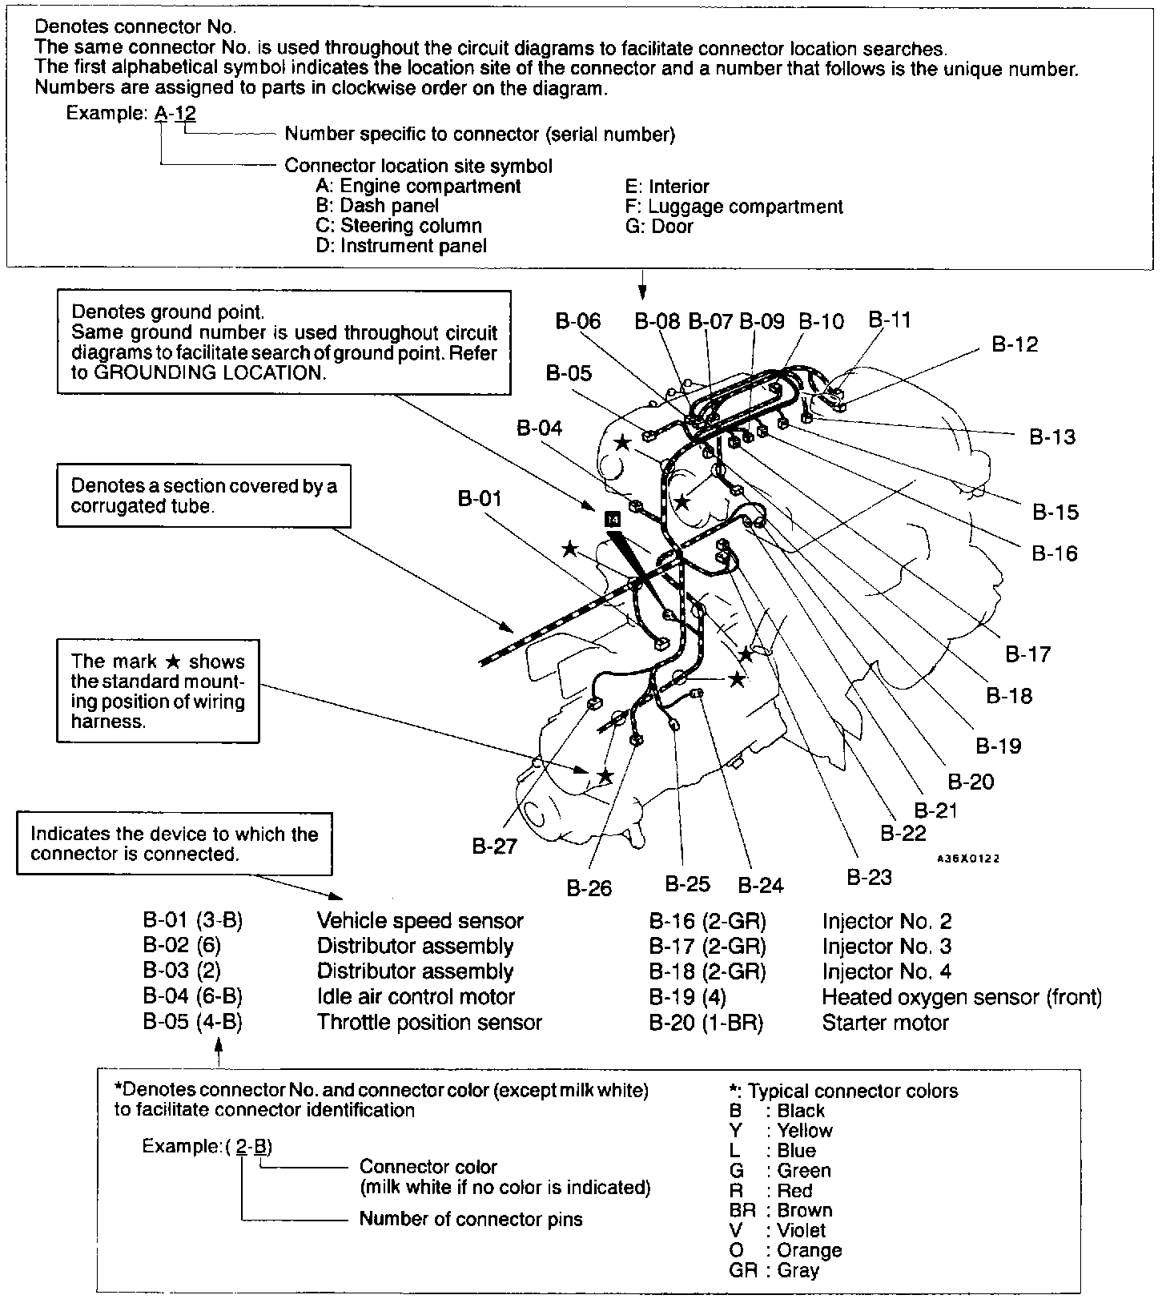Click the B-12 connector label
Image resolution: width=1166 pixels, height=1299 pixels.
pyautogui.click(x=1015, y=344)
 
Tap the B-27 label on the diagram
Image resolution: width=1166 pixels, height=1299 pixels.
pyautogui.click(x=494, y=846)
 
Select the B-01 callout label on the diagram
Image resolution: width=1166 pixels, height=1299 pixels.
pyautogui.click(x=480, y=498)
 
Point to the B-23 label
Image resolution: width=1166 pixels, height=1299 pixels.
pyautogui.click(x=869, y=877)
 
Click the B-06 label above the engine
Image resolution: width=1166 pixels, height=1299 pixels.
pyautogui.click(x=577, y=321)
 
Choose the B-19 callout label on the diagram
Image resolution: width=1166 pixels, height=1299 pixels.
pyautogui.click(x=999, y=746)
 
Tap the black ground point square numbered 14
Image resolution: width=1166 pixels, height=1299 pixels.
pyautogui.click(x=613, y=519)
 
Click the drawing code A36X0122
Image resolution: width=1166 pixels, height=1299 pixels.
pyautogui.click(x=968, y=859)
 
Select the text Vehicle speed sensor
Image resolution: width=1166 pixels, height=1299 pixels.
pyautogui.click(x=420, y=921)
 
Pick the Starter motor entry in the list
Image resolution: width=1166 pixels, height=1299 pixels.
pyautogui.click(x=885, y=1023)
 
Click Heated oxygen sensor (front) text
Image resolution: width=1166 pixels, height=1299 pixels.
pyautogui.click(x=962, y=997)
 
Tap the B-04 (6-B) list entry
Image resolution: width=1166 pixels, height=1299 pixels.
pyautogui.click(x=192, y=997)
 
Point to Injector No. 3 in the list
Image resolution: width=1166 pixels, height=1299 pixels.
pyautogui.click(x=887, y=947)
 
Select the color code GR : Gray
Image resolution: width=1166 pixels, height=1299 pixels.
pyautogui.click(x=774, y=1270)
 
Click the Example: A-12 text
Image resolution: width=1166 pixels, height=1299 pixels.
pyautogui.click(x=131, y=113)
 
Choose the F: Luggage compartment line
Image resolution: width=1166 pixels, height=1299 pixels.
pyautogui.click(x=734, y=207)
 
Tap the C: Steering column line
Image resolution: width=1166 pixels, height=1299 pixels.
pyautogui.click(x=399, y=226)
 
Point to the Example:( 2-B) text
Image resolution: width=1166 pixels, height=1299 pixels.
pyautogui.click(x=207, y=1146)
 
